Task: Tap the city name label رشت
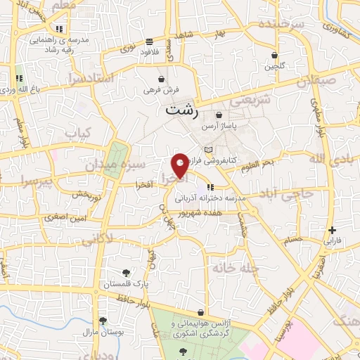[x=181, y=110]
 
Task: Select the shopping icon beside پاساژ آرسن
[x=219, y=115]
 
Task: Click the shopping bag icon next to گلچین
[x=274, y=56]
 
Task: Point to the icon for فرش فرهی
[x=163, y=79]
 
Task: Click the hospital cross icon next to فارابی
[x=332, y=230]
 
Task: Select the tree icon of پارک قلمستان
[x=126, y=273]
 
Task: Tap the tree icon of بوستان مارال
[x=103, y=321]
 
